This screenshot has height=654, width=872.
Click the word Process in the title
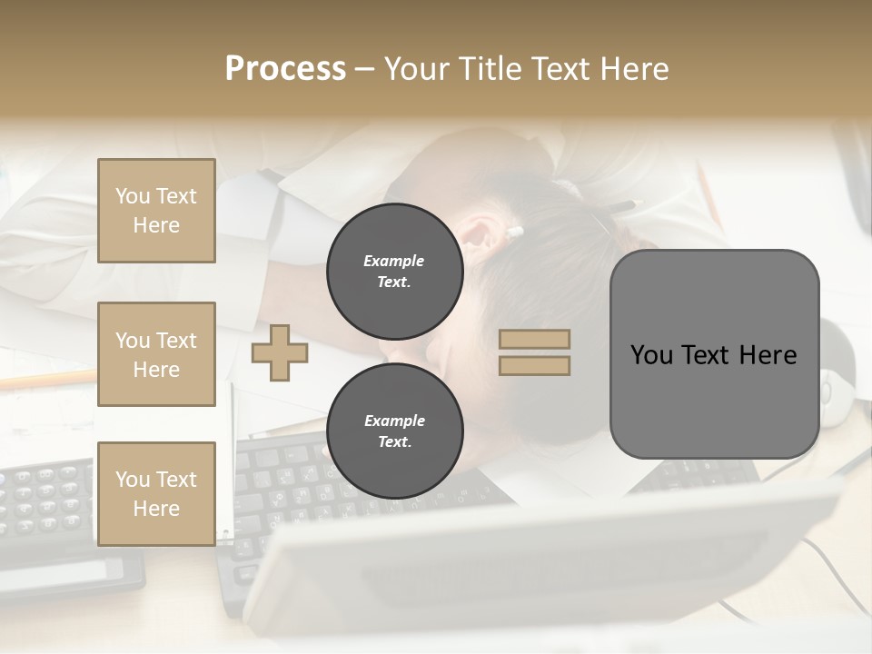tap(285, 69)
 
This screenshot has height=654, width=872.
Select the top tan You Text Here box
tap(156, 211)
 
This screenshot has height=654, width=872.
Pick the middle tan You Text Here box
tap(156, 354)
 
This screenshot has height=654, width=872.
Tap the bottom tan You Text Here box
tap(156, 493)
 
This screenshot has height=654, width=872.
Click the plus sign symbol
tap(279, 352)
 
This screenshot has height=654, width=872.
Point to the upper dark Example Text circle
tap(394, 272)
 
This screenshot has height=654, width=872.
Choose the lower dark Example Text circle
tap(394, 431)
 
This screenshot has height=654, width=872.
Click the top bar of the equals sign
tap(534, 340)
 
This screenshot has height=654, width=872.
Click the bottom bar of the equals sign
tap(534, 365)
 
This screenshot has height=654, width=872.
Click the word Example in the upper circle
tap(394, 261)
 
